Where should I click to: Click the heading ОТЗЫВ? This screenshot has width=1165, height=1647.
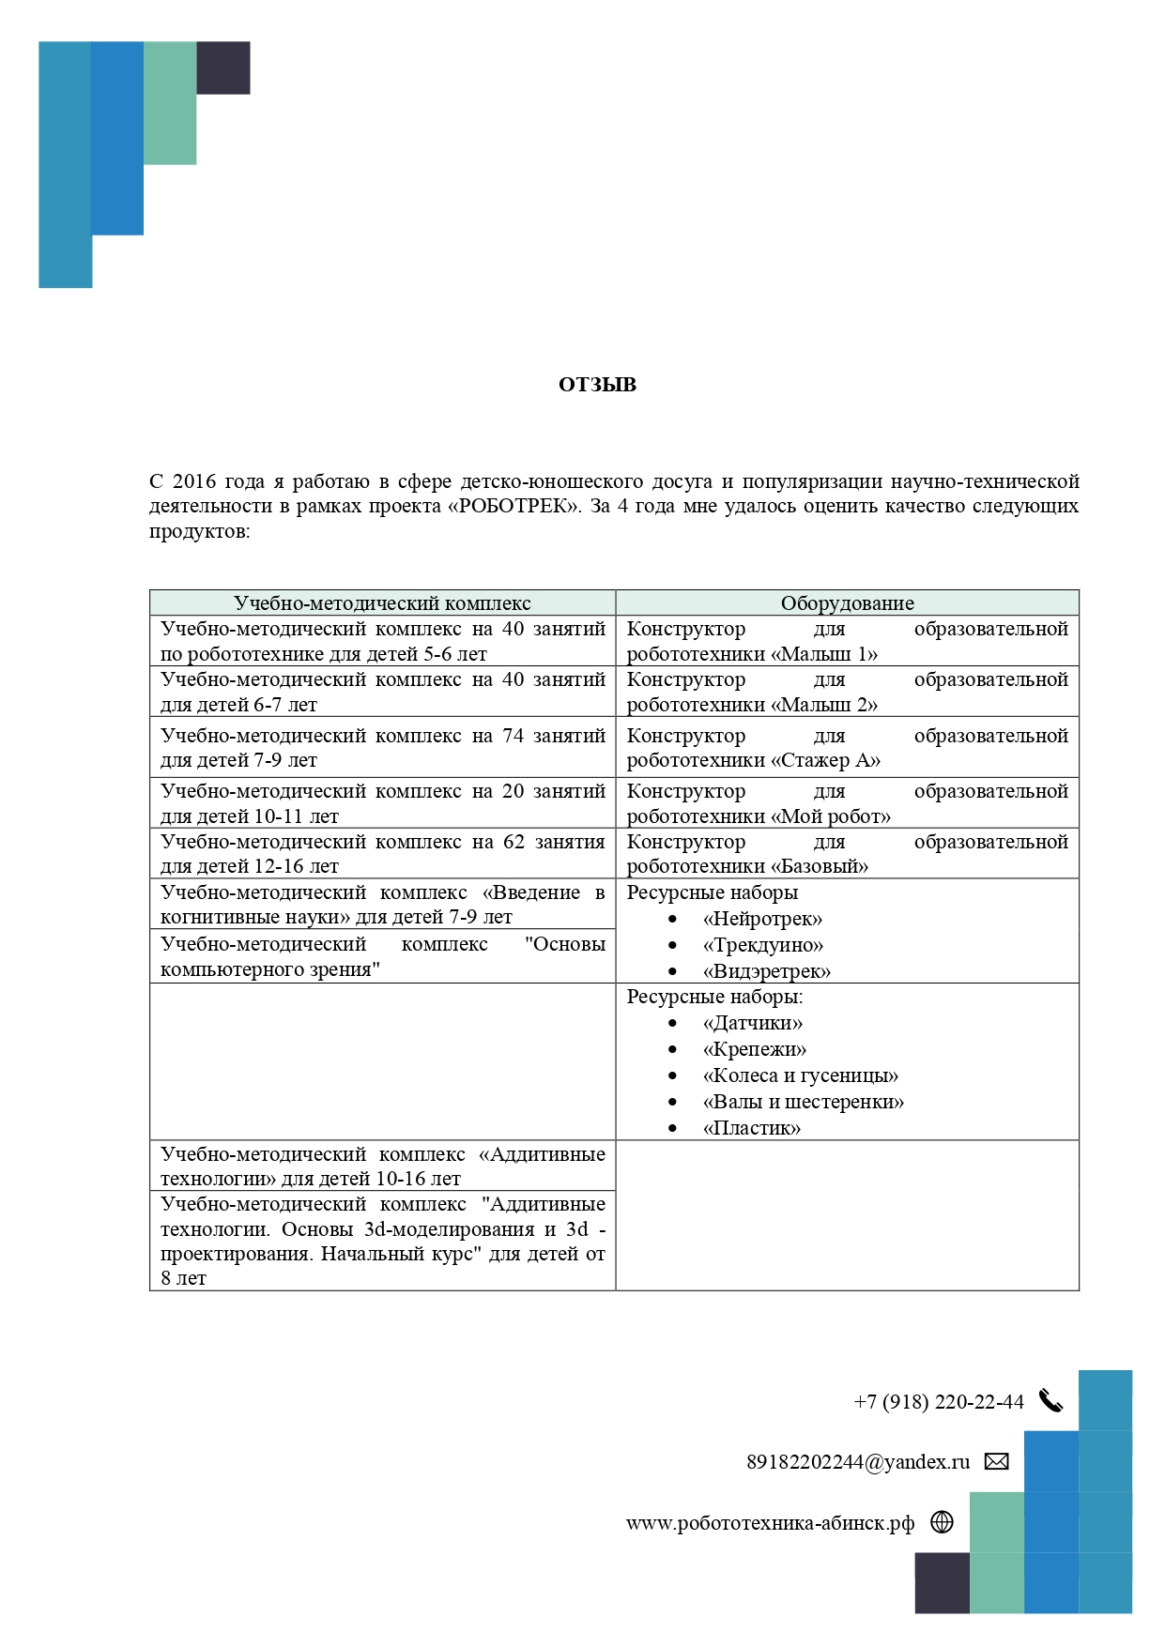[597, 385]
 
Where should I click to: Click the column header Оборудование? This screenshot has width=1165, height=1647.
[847, 603]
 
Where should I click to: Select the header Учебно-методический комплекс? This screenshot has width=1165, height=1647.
[382, 603]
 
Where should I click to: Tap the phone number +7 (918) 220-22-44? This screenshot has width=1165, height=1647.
[938, 1402]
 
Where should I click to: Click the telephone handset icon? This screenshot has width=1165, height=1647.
[1050, 1402]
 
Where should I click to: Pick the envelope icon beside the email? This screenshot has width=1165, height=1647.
[996, 1461]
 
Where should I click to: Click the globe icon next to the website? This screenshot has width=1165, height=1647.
[942, 1522]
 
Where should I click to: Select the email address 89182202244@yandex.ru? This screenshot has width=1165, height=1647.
[857, 1462]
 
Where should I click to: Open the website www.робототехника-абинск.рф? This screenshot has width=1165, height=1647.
[770, 1523]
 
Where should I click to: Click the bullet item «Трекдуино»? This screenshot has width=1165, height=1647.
[762, 945]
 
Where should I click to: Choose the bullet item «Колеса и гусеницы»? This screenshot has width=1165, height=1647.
[800, 1075]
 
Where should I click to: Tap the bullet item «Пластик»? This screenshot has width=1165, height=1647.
[751, 1128]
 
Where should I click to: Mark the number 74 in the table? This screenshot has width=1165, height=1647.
[513, 736]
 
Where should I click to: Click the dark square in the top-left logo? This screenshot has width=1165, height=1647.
[223, 68]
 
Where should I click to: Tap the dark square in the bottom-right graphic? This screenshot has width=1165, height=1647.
[942, 1582]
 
